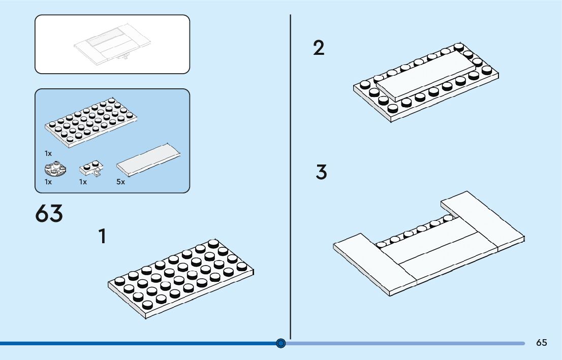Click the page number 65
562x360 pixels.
coord(541,343)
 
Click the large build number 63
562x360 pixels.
coord(49,214)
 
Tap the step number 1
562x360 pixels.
coord(103,237)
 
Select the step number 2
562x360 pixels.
coord(319,49)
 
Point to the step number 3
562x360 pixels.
coord(321,173)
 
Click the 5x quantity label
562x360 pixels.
coord(120,182)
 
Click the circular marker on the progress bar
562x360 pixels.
coord(281,344)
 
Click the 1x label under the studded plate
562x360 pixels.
coord(48,153)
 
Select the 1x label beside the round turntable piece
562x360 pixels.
coord(48,182)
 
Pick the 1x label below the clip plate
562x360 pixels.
coord(83,182)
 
